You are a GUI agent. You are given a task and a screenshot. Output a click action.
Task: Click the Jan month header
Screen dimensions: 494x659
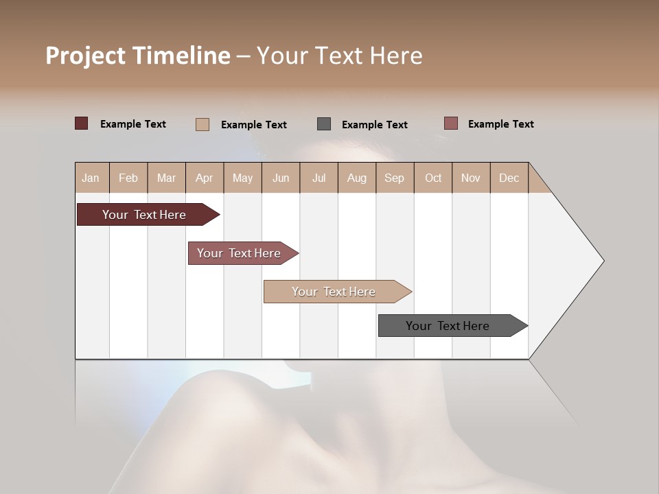(91, 178)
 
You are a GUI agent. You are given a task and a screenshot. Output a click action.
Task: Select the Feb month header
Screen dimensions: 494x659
(128, 178)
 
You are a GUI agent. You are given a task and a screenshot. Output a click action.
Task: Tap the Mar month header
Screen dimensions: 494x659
(166, 178)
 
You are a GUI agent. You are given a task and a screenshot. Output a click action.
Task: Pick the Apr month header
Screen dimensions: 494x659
(205, 178)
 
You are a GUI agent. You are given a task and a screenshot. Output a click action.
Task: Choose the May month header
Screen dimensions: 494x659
(242, 178)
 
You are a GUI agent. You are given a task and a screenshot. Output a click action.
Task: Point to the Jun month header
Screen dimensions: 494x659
(281, 178)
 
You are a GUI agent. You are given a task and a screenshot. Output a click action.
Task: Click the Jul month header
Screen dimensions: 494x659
(319, 178)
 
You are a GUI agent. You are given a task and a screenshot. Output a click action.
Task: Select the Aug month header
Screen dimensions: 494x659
(357, 178)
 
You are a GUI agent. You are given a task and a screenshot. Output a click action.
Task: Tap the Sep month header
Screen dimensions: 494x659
(395, 178)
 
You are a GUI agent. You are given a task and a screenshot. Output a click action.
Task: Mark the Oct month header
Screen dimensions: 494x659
(433, 178)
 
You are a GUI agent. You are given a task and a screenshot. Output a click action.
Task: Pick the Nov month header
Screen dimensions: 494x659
(471, 178)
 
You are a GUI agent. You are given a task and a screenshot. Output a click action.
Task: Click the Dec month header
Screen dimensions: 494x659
(509, 178)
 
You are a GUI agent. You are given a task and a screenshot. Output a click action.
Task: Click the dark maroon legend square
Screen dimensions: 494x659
(82, 123)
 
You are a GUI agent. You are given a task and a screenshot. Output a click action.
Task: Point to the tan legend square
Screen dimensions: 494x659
(203, 124)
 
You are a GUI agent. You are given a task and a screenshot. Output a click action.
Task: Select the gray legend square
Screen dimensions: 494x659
(324, 124)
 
